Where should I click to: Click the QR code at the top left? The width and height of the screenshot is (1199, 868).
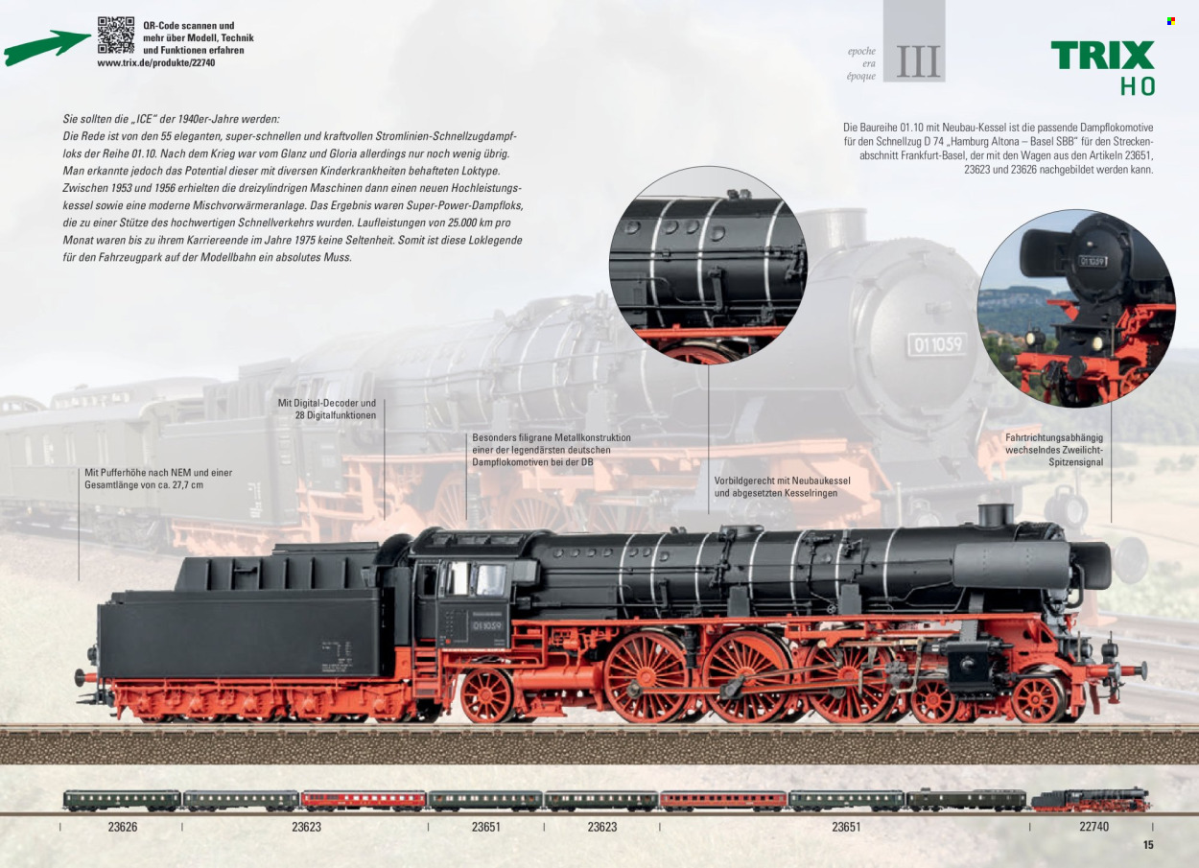(116, 35)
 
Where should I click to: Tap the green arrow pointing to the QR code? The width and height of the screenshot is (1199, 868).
(47, 47)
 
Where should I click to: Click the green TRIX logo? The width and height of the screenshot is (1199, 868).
(1103, 55)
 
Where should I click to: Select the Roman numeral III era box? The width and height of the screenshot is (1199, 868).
(914, 40)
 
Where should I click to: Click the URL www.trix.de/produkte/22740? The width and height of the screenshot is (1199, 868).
(156, 62)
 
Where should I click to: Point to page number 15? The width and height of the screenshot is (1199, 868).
(1148, 845)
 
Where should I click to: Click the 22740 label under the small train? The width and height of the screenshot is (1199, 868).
(1093, 827)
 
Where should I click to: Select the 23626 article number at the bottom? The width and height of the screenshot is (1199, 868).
(123, 827)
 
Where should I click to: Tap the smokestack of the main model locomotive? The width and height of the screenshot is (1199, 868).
(996, 515)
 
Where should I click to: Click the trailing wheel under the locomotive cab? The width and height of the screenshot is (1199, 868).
(487, 695)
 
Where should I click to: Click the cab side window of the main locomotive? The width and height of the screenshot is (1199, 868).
(477, 578)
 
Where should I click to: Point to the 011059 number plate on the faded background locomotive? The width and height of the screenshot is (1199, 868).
(937, 344)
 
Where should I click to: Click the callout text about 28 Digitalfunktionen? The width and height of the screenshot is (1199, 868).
(326, 409)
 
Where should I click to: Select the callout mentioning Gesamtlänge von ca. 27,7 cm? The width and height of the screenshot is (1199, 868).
(158, 479)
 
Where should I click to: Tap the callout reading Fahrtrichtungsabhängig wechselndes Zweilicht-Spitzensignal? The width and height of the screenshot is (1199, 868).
(1054, 450)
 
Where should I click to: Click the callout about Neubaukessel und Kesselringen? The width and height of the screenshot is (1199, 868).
(782, 487)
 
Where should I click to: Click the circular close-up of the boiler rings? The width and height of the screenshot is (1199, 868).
(708, 265)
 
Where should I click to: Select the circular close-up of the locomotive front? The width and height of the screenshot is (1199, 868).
(1076, 308)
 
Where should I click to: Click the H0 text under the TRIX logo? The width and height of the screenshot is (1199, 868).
(1138, 86)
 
